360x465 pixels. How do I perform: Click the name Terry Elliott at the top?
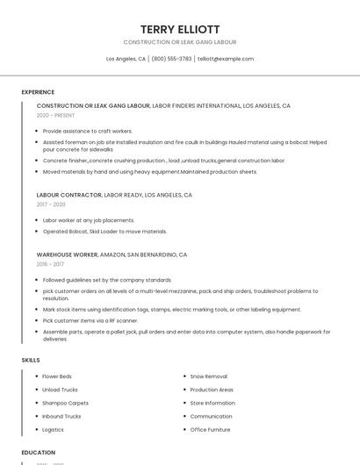click(180, 29)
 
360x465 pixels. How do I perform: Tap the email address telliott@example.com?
click(226, 59)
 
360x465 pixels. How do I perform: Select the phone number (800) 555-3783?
click(171, 59)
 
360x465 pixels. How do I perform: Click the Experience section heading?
click(38, 92)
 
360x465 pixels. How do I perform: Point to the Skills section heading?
click(31, 360)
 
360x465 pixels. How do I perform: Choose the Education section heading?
click(39, 453)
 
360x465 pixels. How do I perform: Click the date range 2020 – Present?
click(55, 115)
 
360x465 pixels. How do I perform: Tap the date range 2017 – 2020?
click(51, 204)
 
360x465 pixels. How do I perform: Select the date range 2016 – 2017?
click(50, 263)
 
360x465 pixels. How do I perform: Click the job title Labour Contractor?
click(69, 195)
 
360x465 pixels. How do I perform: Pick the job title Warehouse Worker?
click(67, 254)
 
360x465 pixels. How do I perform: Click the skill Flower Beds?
click(57, 376)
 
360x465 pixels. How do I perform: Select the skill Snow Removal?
click(208, 376)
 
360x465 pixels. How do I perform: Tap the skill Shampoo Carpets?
click(65, 403)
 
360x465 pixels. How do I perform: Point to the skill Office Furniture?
click(210, 430)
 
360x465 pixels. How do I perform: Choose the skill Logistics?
click(53, 430)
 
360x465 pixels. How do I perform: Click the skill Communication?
click(211, 417)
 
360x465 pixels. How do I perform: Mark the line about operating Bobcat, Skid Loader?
click(104, 232)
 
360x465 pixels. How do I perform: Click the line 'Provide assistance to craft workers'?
click(88, 131)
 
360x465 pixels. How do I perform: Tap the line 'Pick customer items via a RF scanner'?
click(90, 320)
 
